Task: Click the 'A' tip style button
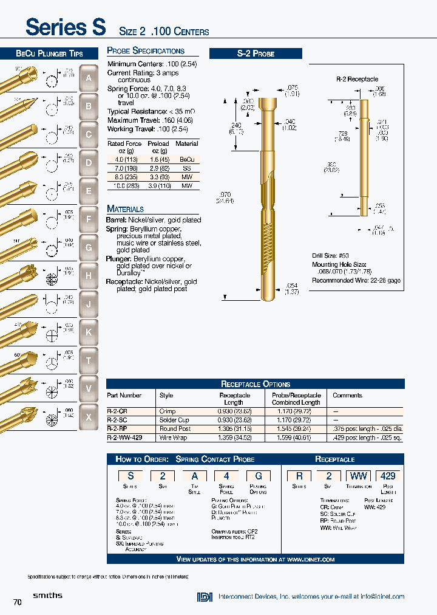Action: tap(89, 78)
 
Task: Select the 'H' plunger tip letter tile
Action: tap(89, 276)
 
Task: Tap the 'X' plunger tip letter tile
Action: tap(89, 417)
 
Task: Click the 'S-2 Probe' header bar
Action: tap(256, 53)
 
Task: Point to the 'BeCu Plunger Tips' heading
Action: tap(49, 53)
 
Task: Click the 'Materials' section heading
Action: tap(126, 208)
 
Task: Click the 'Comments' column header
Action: tap(347, 395)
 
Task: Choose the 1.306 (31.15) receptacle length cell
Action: tap(234, 428)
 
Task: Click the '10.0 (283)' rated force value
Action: tap(124, 185)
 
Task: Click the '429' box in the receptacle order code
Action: tap(388, 476)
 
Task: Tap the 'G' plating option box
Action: tap(258, 476)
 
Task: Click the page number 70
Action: tap(17, 602)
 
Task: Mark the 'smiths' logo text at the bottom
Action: tap(47, 596)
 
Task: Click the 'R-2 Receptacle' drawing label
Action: tap(357, 79)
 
